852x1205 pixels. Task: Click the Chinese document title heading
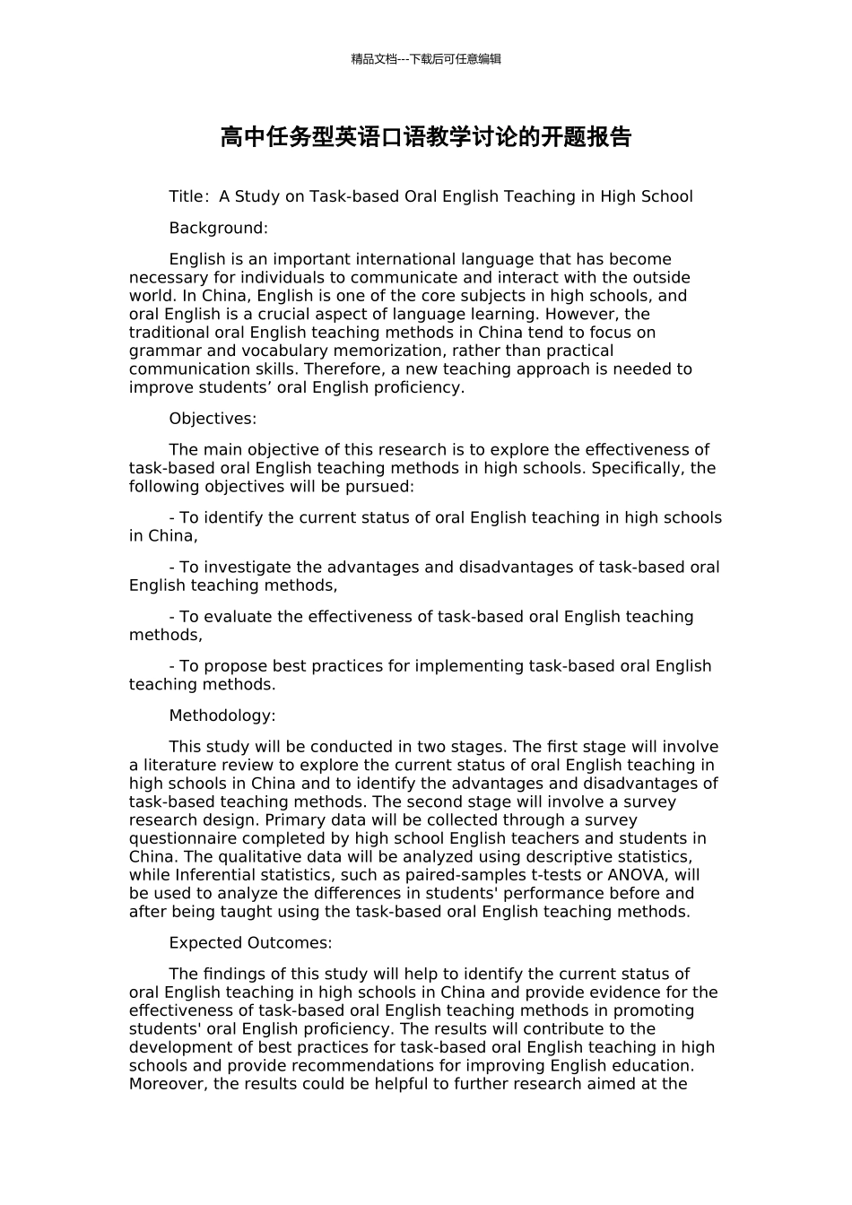click(x=426, y=137)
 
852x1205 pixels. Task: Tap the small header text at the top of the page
click(x=426, y=59)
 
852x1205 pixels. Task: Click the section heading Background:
click(x=218, y=228)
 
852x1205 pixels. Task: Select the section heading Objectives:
click(x=213, y=419)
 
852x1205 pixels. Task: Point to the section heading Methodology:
click(x=222, y=715)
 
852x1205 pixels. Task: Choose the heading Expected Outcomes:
click(x=250, y=943)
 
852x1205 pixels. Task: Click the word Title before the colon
click(x=186, y=196)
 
